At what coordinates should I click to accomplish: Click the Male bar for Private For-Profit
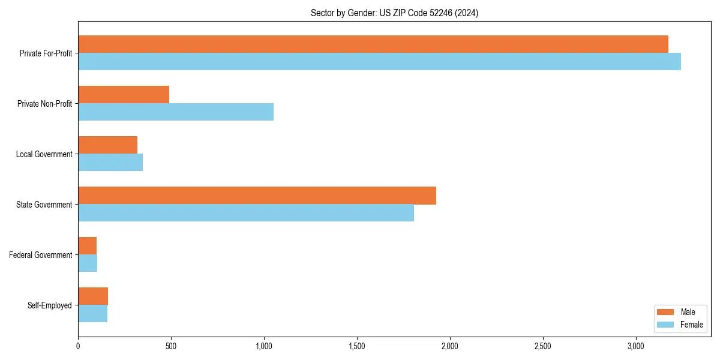click(373, 44)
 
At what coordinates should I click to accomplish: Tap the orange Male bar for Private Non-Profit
click(124, 94)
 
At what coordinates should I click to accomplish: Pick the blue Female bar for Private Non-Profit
click(176, 112)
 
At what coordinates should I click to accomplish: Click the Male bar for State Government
click(257, 195)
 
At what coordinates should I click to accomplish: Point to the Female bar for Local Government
click(110, 162)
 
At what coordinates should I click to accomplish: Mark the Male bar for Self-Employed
click(93, 296)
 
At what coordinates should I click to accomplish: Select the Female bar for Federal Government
click(88, 263)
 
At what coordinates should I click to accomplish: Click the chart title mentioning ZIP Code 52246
click(394, 13)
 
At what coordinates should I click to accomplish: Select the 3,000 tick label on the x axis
click(635, 346)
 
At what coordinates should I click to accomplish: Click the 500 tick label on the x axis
click(171, 346)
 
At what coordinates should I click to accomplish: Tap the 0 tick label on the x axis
click(78, 346)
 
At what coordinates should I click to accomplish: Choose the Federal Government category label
click(41, 255)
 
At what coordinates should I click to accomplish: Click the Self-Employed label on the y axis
click(50, 305)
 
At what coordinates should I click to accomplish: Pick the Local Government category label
click(44, 154)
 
